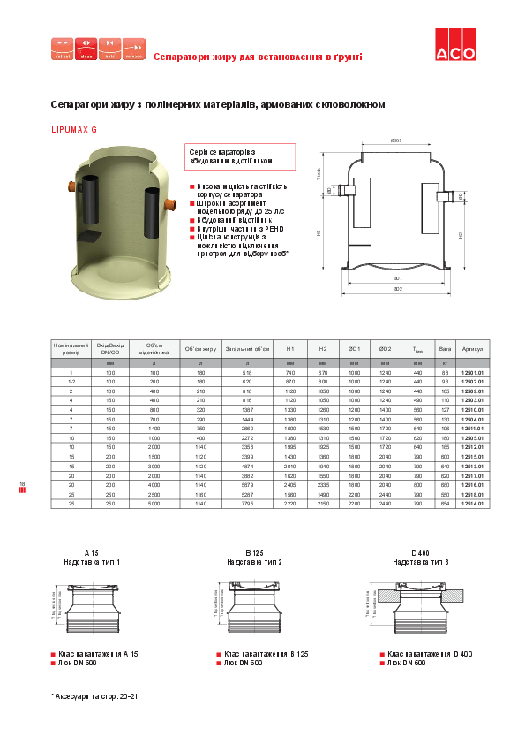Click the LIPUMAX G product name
tap(75, 130)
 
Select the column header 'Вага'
tap(445, 348)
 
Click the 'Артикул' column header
tap(473, 348)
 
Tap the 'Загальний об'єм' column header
tap(246, 348)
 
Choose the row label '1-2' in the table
tap(71, 381)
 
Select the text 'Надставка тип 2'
tap(255, 561)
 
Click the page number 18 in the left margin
tap(22, 482)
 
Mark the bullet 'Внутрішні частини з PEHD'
tap(239, 228)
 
